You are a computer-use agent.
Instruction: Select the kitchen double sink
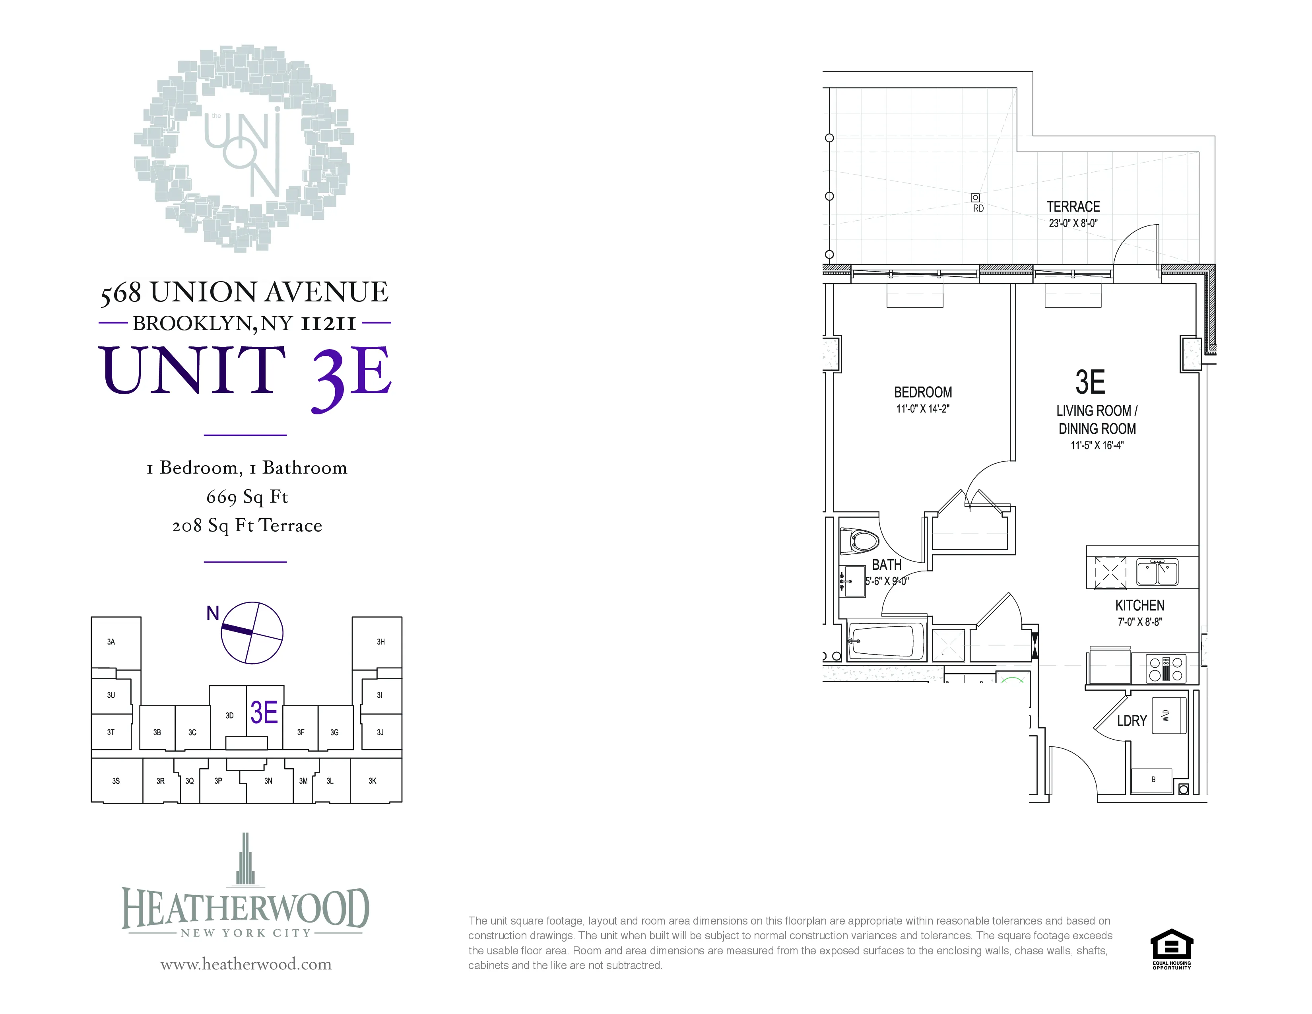[x=1157, y=572]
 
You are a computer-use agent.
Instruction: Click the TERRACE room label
[x=1073, y=207]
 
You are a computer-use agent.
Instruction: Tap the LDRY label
[x=1132, y=720]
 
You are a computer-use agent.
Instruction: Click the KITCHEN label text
[x=1139, y=606]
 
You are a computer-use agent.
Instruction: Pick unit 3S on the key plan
[x=116, y=781]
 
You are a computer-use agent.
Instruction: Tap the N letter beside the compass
[x=213, y=613]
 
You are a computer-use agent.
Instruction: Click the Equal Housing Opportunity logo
[x=1171, y=948]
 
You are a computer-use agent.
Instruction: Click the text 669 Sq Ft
[x=247, y=497]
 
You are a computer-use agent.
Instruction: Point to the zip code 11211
[x=328, y=323]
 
